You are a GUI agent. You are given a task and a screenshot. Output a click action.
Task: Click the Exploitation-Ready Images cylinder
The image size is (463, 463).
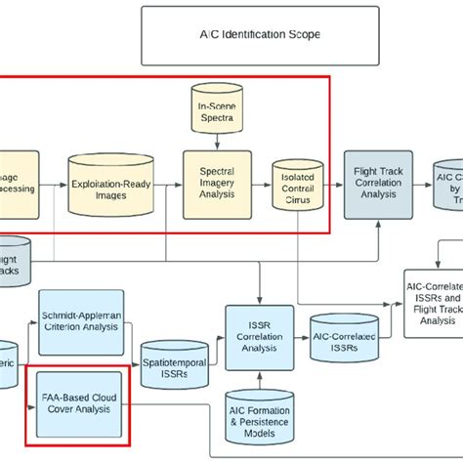click(x=108, y=183)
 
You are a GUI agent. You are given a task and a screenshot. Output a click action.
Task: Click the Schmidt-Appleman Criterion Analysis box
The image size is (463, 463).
click(x=81, y=319)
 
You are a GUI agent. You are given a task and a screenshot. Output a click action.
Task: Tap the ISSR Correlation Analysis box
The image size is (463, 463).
click(x=260, y=331)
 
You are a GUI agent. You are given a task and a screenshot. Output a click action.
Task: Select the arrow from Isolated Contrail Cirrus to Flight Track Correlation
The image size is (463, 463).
click(x=329, y=184)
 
